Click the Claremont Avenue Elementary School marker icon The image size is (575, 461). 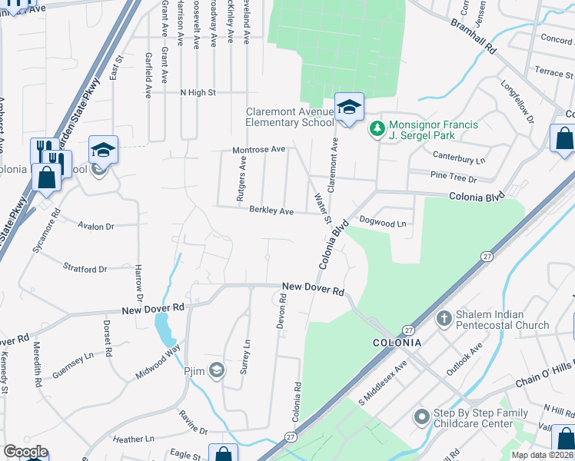click(348, 108)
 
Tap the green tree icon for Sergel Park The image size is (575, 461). click(377, 128)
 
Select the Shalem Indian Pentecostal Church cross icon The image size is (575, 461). click(444, 318)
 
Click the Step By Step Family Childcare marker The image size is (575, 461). click(421, 417)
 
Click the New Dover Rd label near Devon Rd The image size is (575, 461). click(313, 288)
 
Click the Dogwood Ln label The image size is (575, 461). click(382, 221)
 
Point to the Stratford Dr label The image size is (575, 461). click(85, 270)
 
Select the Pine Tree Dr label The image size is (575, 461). click(454, 178)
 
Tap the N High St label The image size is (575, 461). click(198, 92)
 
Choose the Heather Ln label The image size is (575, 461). click(133, 439)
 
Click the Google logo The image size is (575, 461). click(25, 452)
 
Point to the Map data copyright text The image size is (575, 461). click(543, 455)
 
